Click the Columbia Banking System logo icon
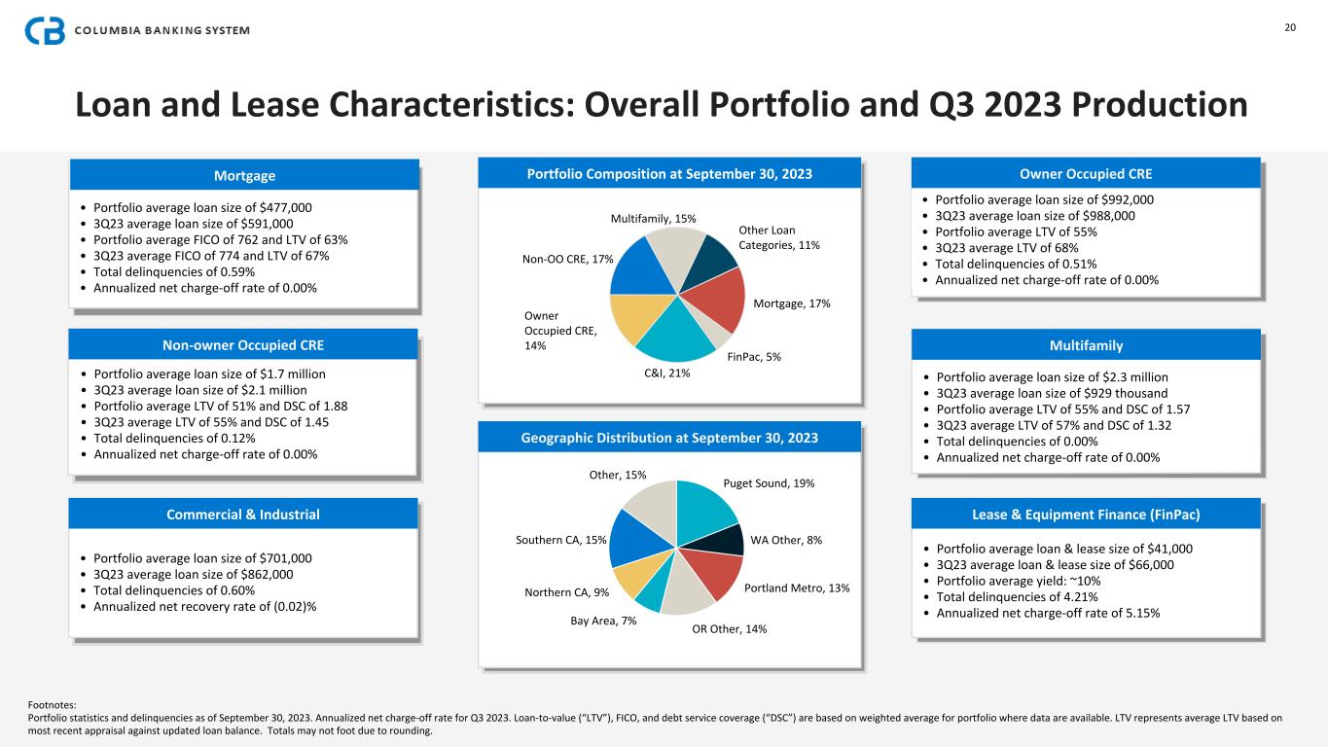click(x=45, y=30)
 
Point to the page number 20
click(x=1290, y=27)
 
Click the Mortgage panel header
click(x=244, y=176)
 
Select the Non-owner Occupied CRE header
click(x=243, y=345)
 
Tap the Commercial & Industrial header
click(x=243, y=515)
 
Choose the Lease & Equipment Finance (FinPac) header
click(x=1085, y=515)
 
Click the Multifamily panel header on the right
click(x=1085, y=345)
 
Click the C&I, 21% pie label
click(x=667, y=373)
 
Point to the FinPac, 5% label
click(x=754, y=357)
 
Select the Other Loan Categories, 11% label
click(x=778, y=237)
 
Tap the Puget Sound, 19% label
click(x=769, y=483)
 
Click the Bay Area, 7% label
click(x=603, y=621)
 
